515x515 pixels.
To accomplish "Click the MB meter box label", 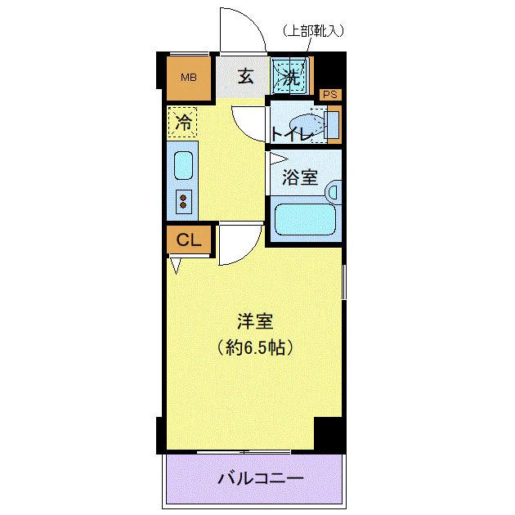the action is [x=189, y=78].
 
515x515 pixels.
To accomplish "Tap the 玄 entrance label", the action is [x=246, y=76].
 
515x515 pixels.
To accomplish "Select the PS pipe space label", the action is [x=330, y=95].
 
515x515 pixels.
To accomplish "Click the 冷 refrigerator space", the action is [x=182, y=122].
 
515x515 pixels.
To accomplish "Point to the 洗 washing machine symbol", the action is [x=291, y=76].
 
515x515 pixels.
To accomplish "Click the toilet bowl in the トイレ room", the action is [x=306, y=125].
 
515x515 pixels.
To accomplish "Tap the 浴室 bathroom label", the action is [x=300, y=177].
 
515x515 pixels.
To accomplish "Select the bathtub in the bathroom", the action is [x=305, y=219].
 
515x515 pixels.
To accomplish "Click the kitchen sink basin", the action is [x=183, y=165].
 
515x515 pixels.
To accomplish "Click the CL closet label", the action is [x=189, y=240].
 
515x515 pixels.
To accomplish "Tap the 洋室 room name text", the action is [x=255, y=321].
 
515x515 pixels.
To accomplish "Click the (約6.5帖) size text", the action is [x=255, y=347].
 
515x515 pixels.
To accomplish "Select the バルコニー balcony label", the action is [x=261, y=478].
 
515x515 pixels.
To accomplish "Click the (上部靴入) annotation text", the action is [x=313, y=30].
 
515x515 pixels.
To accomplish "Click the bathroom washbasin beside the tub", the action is [x=333, y=192].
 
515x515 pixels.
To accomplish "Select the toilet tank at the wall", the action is [x=333, y=125].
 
